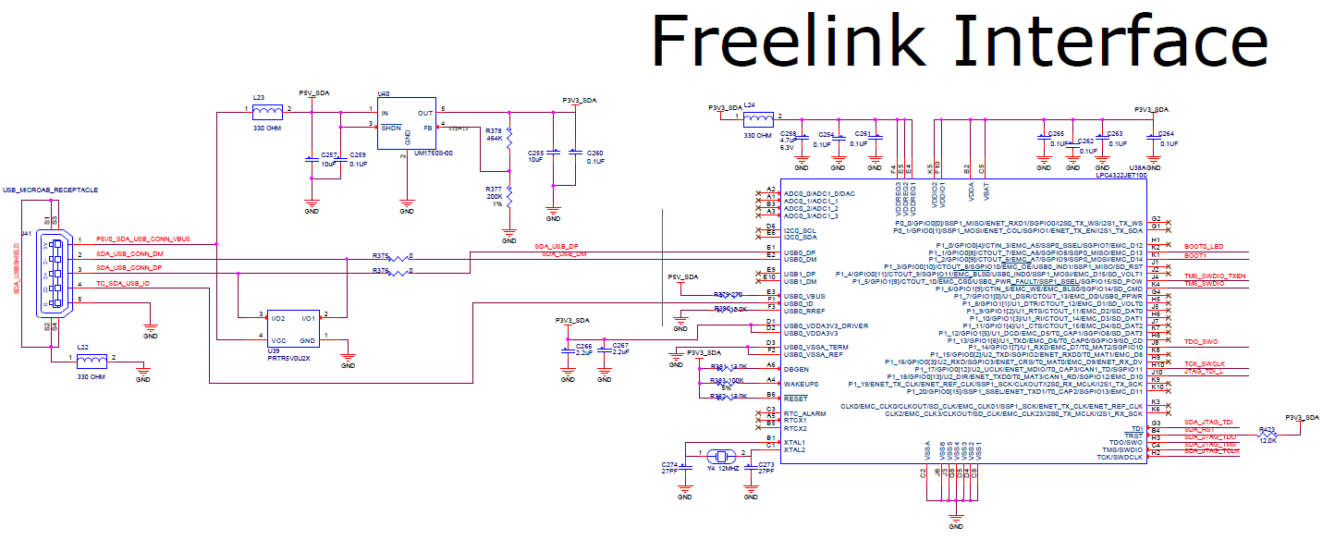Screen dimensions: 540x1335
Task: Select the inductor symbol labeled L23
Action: click(x=267, y=111)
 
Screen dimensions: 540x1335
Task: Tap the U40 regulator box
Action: click(x=406, y=128)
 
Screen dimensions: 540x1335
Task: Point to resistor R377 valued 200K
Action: click(x=509, y=198)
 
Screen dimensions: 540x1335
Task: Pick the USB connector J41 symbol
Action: click(x=53, y=269)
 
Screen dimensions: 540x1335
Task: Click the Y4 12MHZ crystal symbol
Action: click(x=719, y=456)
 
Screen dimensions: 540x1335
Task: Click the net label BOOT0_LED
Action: click(x=1203, y=247)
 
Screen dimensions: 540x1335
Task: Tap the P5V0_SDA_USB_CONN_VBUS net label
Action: click(x=141, y=239)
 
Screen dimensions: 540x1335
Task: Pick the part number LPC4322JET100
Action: click(x=1121, y=173)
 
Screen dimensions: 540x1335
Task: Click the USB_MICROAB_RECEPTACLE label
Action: click(x=50, y=190)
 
